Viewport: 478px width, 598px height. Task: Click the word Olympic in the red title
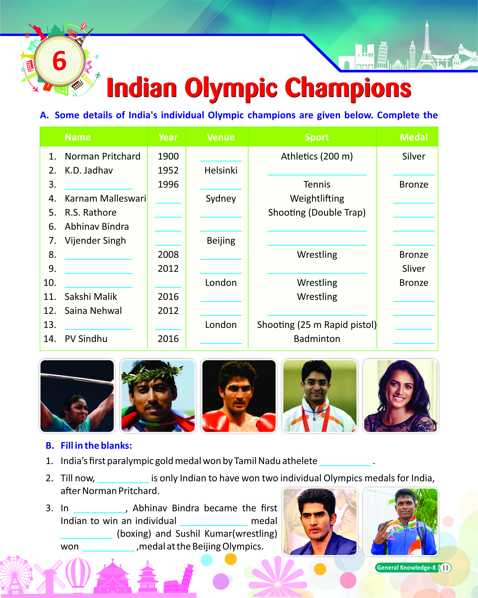[x=231, y=88]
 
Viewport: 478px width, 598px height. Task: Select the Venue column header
[x=221, y=137]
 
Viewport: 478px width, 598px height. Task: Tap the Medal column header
[x=414, y=137]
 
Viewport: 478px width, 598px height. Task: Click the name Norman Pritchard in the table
[x=102, y=156]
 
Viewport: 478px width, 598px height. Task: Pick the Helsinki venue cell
[x=221, y=170]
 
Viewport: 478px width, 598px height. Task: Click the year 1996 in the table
[x=168, y=185]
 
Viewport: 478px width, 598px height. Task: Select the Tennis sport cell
[x=317, y=185]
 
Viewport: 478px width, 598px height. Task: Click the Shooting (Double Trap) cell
[x=317, y=212]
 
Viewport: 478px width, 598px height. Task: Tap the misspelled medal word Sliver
[x=414, y=269]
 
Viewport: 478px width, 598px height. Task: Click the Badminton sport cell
[x=317, y=339]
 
